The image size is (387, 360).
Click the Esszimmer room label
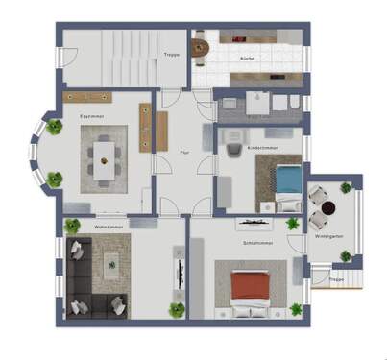tap(93, 117)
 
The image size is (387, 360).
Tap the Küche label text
tap(248, 60)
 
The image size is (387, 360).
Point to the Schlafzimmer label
tap(256, 243)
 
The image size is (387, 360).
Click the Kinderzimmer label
tap(263, 148)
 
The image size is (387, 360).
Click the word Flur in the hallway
tap(184, 152)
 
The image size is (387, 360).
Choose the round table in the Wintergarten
tap(328, 206)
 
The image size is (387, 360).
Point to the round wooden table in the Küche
tap(202, 45)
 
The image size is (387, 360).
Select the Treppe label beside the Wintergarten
tap(335, 279)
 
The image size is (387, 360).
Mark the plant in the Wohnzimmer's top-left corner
tap(73, 227)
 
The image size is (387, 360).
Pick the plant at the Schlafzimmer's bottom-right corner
tap(295, 309)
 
